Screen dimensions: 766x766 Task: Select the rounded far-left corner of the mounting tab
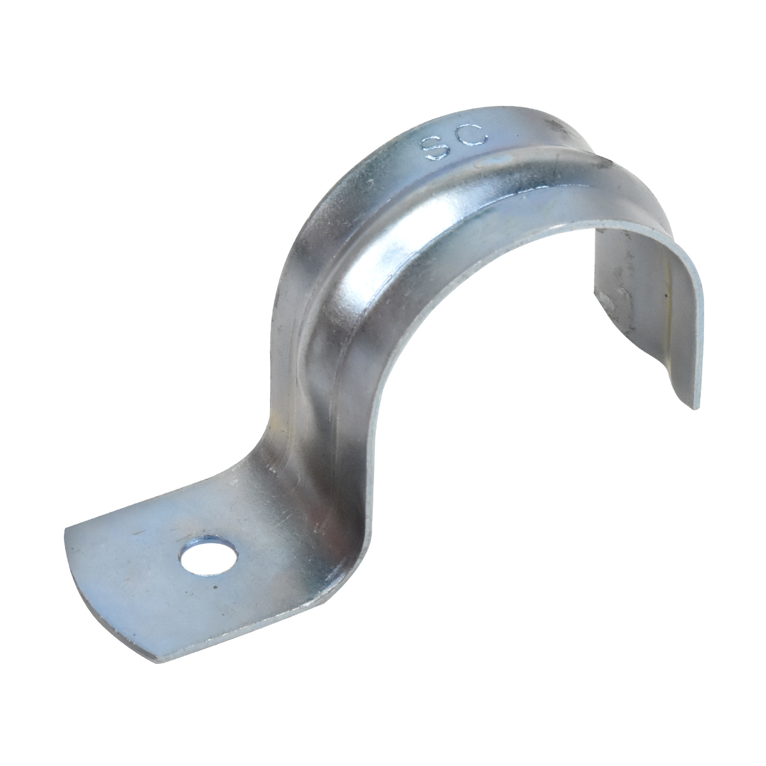68,532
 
